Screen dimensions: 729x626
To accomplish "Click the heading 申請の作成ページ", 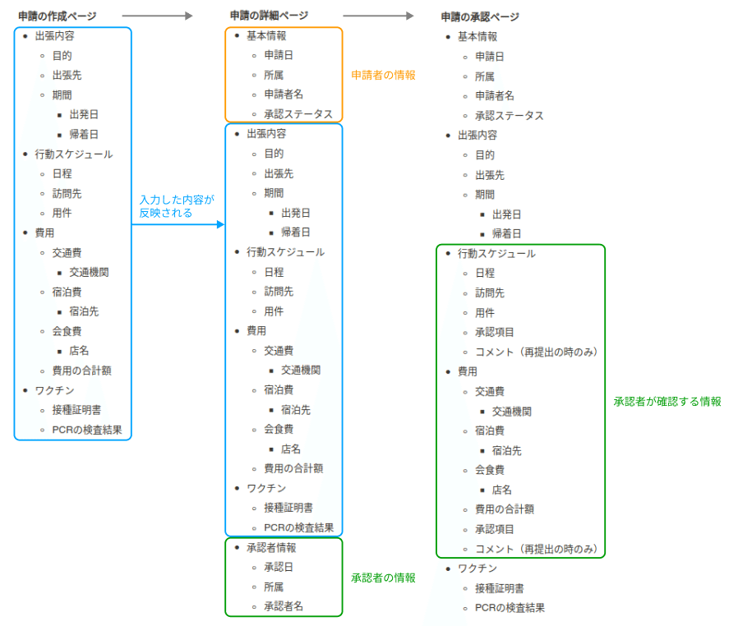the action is (x=58, y=16).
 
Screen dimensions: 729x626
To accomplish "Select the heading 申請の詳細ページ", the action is (x=269, y=16).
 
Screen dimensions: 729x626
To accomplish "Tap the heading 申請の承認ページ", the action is (x=480, y=17).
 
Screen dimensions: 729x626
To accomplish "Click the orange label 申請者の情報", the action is (x=383, y=76).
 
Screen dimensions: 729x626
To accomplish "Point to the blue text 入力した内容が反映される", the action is (x=177, y=206).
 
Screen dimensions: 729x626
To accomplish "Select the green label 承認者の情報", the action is (x=383, y=578).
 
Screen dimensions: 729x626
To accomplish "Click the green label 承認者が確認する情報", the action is (x=667, y=402).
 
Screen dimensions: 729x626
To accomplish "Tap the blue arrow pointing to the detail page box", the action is (x=178, y=224).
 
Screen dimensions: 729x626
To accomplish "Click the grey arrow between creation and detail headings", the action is (x=157, y=16).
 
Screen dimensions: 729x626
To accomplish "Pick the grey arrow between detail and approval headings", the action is (x=378, y=16).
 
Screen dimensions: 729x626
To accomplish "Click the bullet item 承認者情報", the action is (x=271, y=548).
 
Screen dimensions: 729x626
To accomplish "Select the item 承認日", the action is (x=279, y=568).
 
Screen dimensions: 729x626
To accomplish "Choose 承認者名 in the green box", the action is (x=284, y=606).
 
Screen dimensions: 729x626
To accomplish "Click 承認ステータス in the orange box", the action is (x=298, y=114).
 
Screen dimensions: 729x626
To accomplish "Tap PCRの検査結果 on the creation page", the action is (x=87, y=430).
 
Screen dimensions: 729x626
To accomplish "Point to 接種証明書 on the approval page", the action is (x=500, y=588).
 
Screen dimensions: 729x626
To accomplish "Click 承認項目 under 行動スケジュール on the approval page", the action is (x=494, y=332).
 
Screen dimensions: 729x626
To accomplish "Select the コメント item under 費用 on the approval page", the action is (x=536, y=550).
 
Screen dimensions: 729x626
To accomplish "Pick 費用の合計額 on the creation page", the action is (x=82, y=371).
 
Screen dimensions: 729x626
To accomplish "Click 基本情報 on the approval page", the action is (x=478, y=37).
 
